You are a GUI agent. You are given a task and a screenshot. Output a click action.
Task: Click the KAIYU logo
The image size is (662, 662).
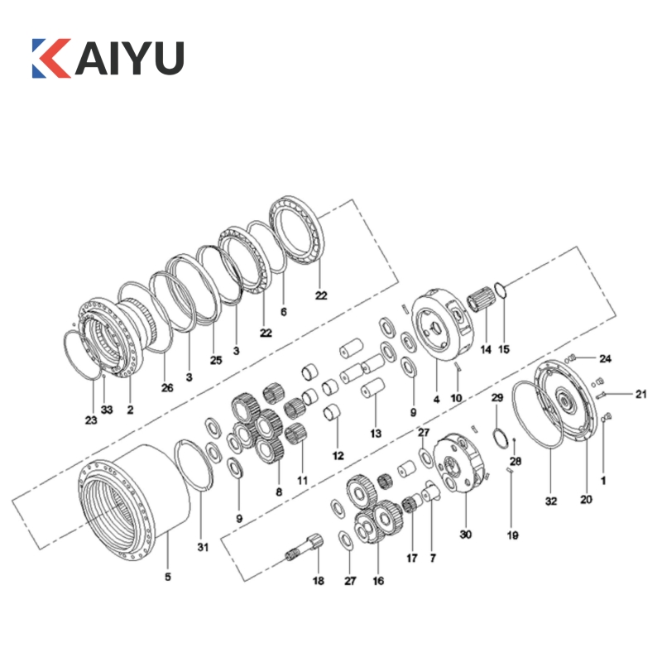point(108,58)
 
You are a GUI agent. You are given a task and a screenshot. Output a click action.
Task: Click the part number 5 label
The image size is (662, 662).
point(168,577)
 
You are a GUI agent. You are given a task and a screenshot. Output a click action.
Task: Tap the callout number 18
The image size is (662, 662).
point(319,581)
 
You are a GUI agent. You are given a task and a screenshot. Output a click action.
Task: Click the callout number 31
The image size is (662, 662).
point(203,547)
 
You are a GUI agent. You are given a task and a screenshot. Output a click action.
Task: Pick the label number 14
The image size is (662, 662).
point(486,349)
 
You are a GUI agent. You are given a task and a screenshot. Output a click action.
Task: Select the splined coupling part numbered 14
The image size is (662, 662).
point(481,299)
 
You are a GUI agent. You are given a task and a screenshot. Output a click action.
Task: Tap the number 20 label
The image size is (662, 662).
point(586,500)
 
